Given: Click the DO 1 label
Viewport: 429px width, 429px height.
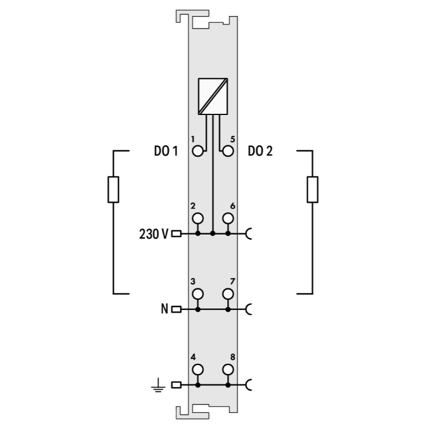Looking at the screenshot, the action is pyautogui.click(x=166, y=151).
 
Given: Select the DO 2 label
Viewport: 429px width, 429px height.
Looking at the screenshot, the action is pyautogui.click(x=260, y=151).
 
